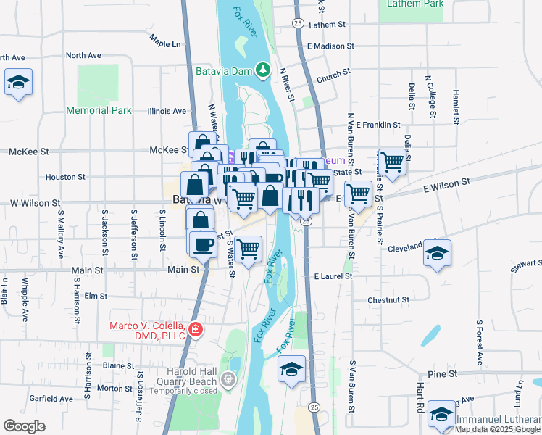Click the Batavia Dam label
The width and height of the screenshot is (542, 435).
click(227, 71)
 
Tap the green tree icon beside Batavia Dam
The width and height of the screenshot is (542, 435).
click(265, 70)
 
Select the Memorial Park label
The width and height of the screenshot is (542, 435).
click(99, 111)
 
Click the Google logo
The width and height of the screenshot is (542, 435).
click(25, 426)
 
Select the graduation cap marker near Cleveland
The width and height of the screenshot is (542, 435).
click(437, 254)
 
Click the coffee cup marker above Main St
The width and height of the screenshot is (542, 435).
click(203, 244)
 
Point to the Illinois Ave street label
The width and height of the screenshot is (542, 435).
click(167, 112)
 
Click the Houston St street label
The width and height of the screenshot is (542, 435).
click(66, 177)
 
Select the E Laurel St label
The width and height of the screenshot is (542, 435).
click(333, 276)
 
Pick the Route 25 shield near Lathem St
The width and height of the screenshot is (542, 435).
click(297, 23)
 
